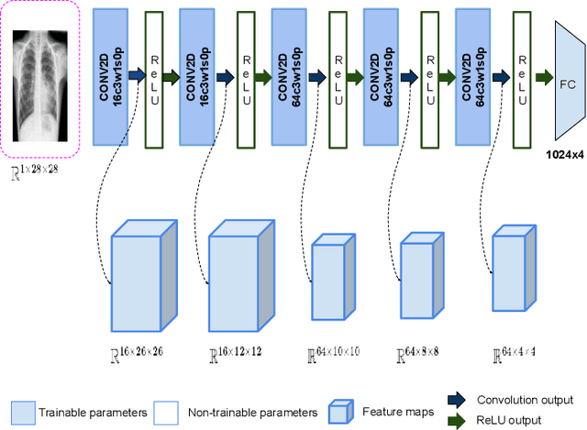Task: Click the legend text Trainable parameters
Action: pos(93,413)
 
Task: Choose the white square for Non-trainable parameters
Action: pos(165,413)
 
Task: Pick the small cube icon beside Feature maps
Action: pos(339,413)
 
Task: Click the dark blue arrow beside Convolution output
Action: pos(455,400)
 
